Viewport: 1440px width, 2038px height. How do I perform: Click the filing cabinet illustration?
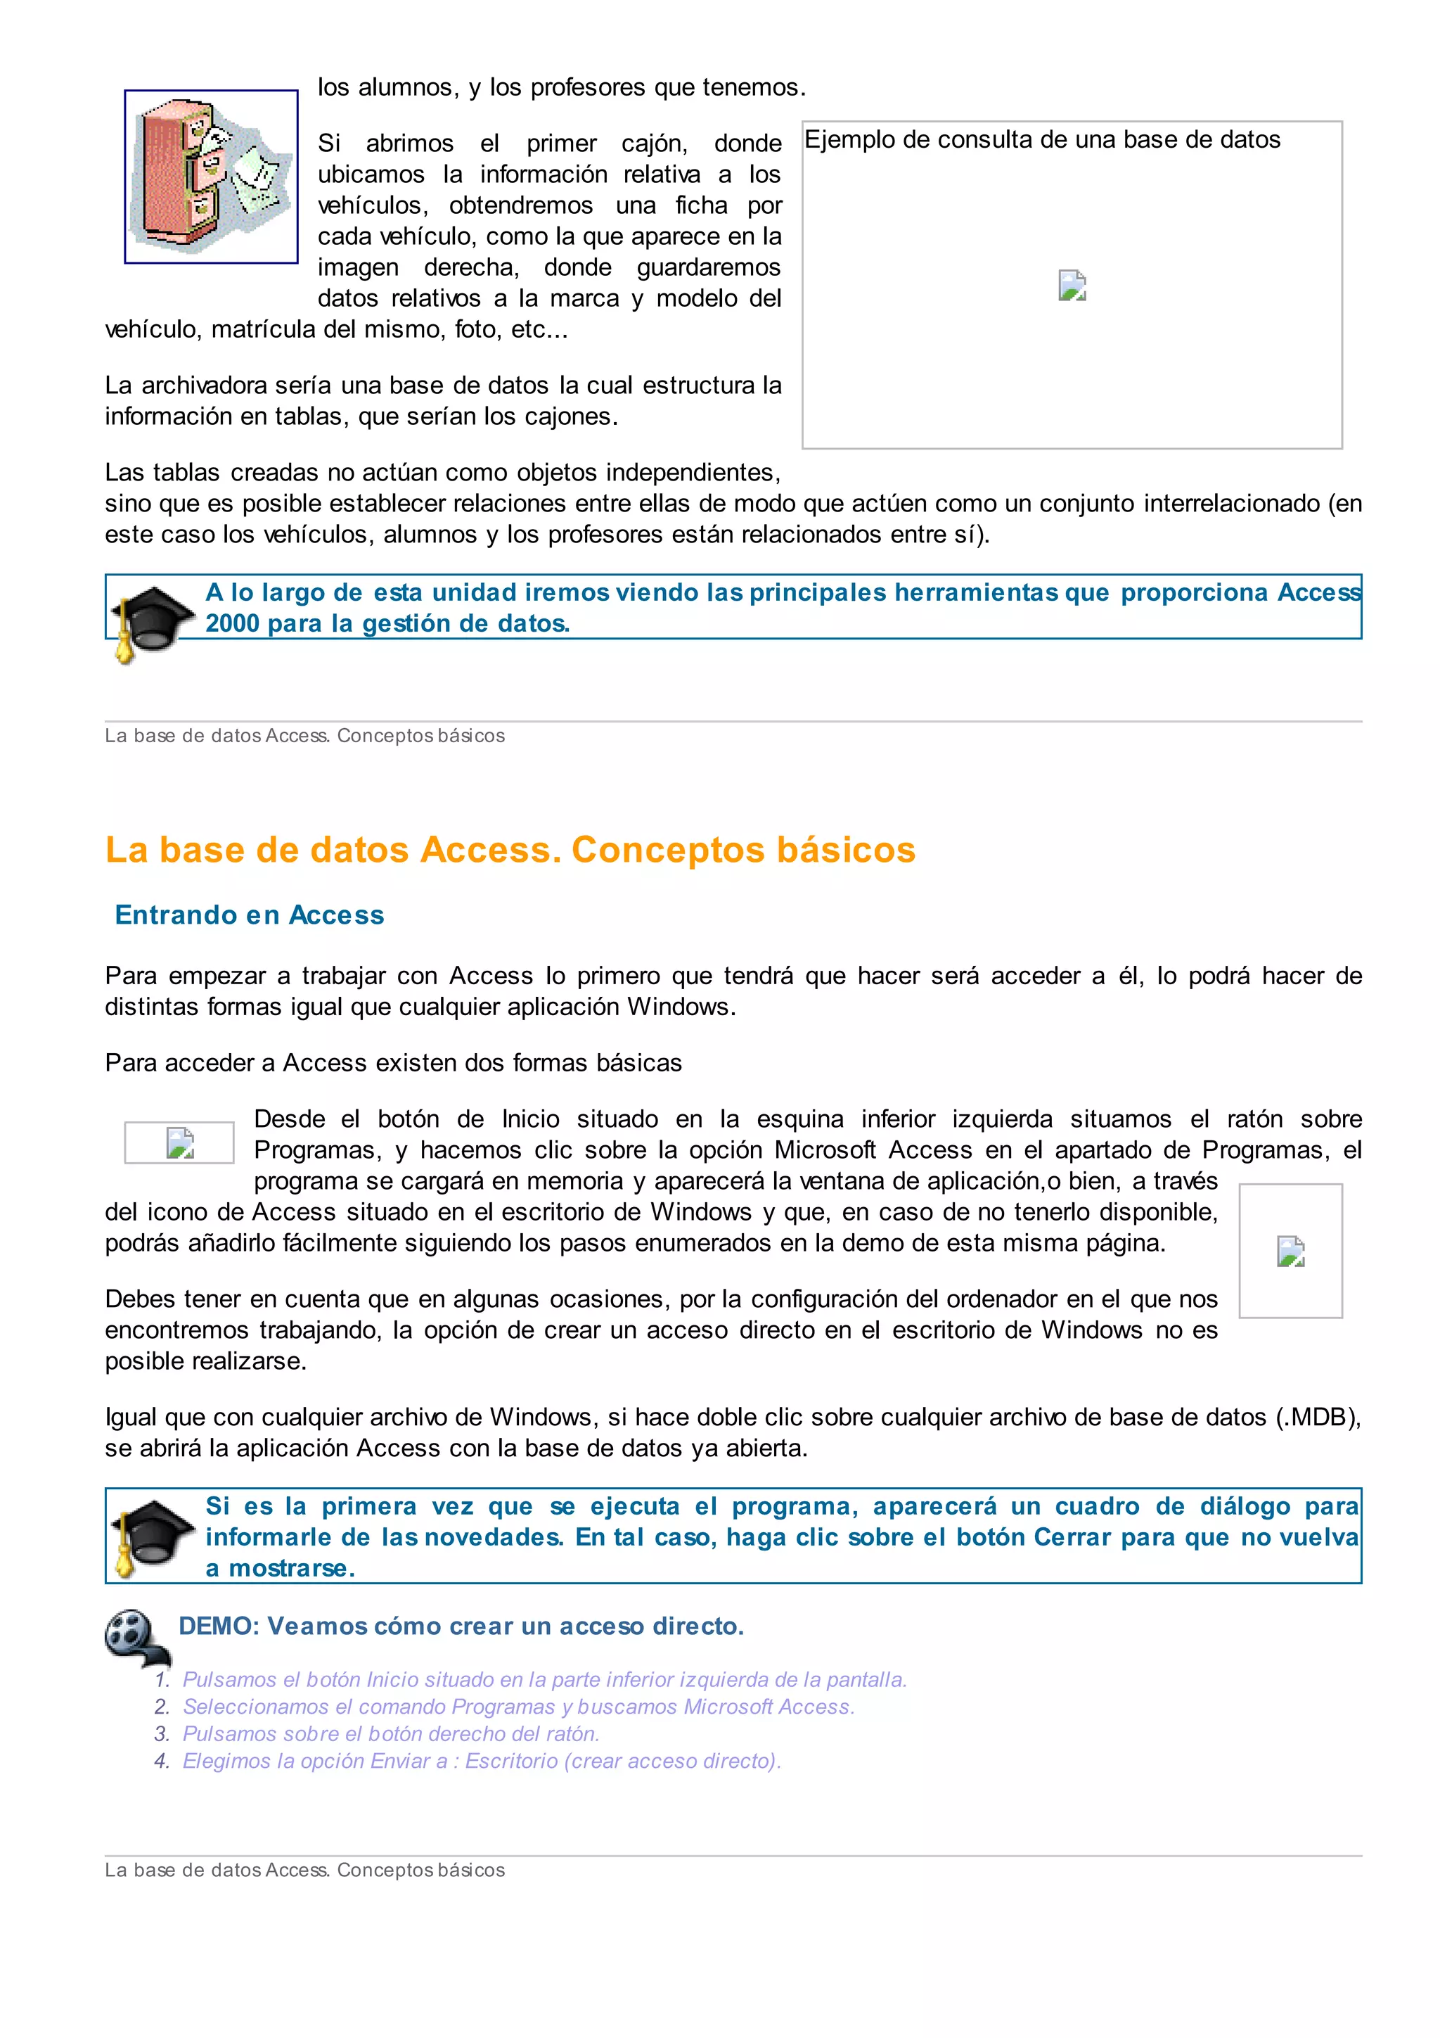point(211,176)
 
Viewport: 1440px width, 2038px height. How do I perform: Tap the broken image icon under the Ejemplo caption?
point(1072,286)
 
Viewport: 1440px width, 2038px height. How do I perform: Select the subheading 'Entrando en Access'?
point(250,915)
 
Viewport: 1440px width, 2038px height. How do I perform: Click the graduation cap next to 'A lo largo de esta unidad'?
point(150,621)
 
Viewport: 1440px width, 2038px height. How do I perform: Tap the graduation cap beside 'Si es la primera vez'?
point(150,1536)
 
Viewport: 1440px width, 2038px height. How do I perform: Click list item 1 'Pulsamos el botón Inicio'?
point(544,1679)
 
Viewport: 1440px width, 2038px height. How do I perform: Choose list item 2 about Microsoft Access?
point(518,1707)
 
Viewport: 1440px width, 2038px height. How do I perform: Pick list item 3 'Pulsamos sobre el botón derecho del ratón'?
point(390,1733)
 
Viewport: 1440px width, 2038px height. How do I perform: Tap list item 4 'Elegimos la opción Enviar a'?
point(481,1761)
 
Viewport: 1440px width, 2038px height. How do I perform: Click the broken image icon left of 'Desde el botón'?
point(180,1142)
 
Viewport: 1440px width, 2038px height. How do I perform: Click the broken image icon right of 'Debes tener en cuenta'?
point(1290,1251)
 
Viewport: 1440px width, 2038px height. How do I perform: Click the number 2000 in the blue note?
point(231,623)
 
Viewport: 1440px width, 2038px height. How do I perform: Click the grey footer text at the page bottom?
point(304,1871)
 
